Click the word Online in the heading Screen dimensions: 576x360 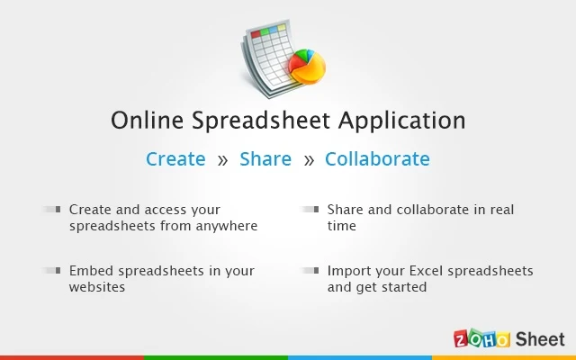tap(147, 120)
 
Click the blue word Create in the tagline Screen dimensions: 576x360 tap(175, 158)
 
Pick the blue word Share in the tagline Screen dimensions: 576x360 tap(265, 158)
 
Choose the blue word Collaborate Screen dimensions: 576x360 tap(377, 158)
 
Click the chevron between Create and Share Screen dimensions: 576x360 tap(222, 160)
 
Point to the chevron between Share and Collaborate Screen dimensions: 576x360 tap(309, 160)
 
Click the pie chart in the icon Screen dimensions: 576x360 tap(307, 67)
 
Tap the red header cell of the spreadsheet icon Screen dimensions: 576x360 tap(256, 34)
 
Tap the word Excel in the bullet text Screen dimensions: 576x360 tap(426, 271)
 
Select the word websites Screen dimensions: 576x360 tap(97, 287)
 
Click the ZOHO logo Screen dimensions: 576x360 tap(482, 338)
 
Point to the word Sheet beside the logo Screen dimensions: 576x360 tap(540, 338)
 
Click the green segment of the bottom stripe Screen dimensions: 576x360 tap(216, 357)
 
